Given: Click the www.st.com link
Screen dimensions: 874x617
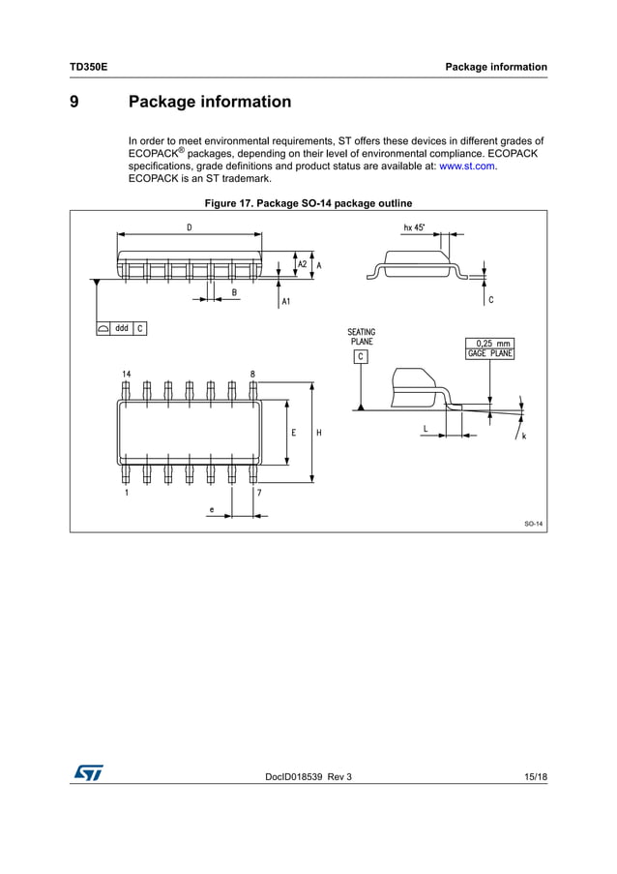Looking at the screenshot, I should click(x=467, y=166).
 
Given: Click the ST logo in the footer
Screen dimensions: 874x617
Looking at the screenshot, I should click(x=87, y=772).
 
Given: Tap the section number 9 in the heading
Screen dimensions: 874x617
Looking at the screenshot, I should click(x=74, y=102).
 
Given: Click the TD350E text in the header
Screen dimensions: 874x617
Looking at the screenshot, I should click(x=88, y=67).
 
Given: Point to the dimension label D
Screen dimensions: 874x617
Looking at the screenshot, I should click(x=189, y=226).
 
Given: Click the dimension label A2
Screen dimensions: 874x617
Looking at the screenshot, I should click(x=302, y=264).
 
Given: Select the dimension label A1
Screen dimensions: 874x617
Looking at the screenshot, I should click(x=286, y=302).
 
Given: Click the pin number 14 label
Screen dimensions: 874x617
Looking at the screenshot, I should click(x=127, y=374).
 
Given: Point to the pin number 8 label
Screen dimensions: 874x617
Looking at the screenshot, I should click(x=252, y=374).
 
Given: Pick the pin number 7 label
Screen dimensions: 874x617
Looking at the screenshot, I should click(x=258, y=493).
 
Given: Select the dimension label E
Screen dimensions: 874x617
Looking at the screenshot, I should click(x=293, y=433).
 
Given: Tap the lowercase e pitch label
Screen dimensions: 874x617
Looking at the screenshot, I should click(x=212, y=509).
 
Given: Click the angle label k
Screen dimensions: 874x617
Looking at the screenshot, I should click(x=523, y=437).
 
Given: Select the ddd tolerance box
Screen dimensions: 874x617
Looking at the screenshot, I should click(x=122, y=328).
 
